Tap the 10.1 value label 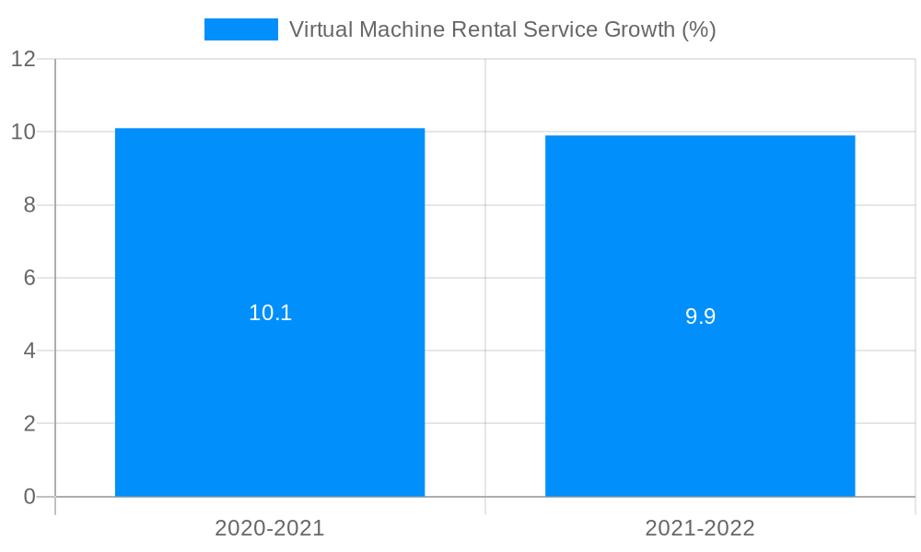(270, 313)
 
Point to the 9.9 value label (700, 316)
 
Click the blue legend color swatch (240, 29)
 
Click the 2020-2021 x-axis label (270, 528)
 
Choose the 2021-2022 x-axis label (700, 528)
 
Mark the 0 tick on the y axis (29, 497)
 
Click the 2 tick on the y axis (29, 424)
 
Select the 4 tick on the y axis (29, 351)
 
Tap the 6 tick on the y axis (29, 278)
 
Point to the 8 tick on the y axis (29, 205)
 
